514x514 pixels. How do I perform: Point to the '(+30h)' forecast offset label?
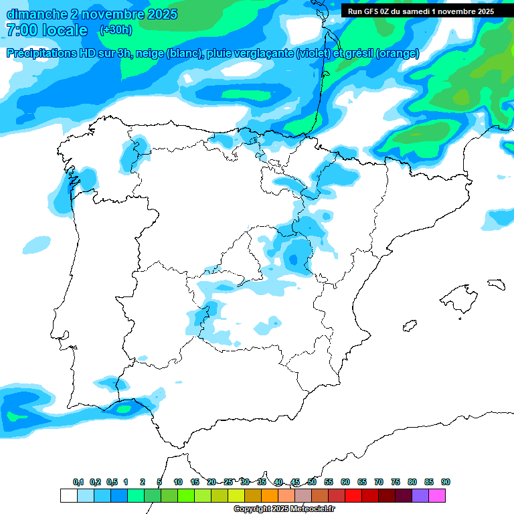click(116, 30)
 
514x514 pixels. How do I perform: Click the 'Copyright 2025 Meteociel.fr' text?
click(284, 509)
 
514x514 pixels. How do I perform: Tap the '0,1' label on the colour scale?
click(78, 482)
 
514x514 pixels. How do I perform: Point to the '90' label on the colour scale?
click(446, 482)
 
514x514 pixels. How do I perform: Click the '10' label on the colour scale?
click(178, 482)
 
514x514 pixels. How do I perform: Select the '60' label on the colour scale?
click(345, 482)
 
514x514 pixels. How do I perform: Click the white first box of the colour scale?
click(68, 495)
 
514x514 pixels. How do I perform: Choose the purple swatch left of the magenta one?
click(420, 495)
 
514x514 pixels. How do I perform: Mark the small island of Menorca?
click(496, 284)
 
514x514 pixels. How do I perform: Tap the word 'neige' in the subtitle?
click(152, 54)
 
